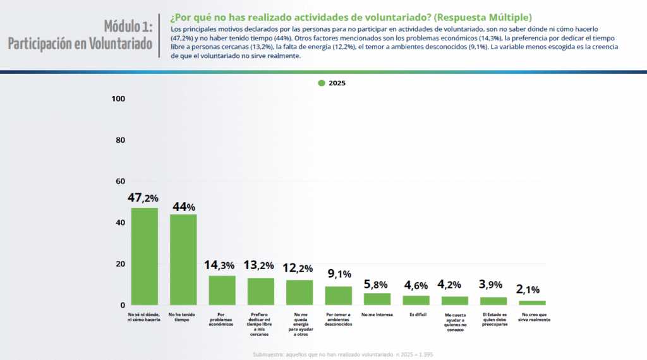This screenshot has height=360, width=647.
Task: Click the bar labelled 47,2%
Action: [x=144, y=256]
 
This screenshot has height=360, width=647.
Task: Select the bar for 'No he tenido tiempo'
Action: [x=183, y=260]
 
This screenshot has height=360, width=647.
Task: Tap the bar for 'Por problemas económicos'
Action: [x=222, y=291]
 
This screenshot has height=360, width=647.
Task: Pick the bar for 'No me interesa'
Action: [x=377, y=299]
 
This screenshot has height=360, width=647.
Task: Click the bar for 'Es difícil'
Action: [x=416, y=301]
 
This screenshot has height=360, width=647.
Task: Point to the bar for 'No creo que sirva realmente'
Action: [x=532, y=303]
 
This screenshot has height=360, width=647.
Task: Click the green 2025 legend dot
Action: [x=322, y=83]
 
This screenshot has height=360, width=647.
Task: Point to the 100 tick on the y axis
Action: [x=118, y=99]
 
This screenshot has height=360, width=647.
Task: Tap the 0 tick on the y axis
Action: [x=122, y=305]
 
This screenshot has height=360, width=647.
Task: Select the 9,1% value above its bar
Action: [x=339, y=274]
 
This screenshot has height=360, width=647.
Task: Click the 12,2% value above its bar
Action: [x=299, y=268]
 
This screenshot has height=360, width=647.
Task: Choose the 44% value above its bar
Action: [x=183, y=207]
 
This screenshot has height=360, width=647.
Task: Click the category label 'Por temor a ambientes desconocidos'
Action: [x=339, y=319]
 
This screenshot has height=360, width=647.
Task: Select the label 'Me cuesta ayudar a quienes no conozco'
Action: [x=455, y=322]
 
